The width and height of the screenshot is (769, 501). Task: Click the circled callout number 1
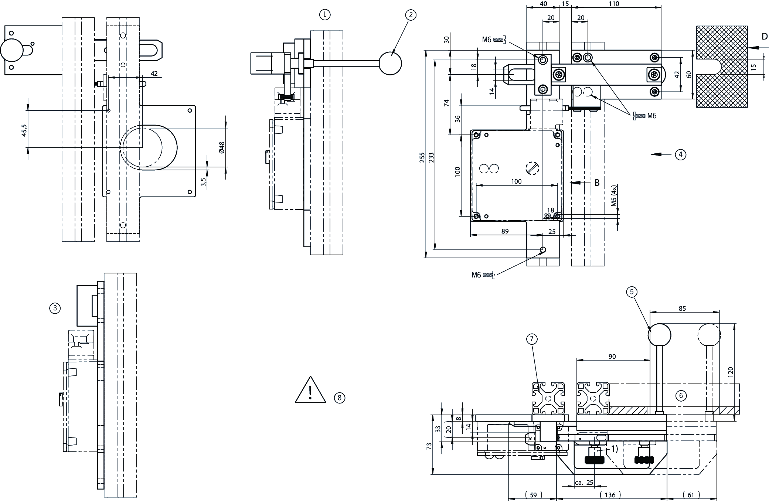coord(324,15)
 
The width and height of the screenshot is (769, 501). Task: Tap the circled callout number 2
coord(411,15)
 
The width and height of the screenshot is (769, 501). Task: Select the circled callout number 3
coord(55,308)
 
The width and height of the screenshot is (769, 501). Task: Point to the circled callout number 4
coord(680,154)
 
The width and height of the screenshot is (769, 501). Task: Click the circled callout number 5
coord(632,292)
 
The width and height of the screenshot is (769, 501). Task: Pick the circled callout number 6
coord(681,396)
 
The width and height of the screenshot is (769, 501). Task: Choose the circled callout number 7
coord(532,339)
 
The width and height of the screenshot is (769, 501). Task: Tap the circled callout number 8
coord(339,398)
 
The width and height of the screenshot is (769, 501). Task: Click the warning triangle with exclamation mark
coord(310,391)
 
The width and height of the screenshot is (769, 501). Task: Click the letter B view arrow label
coord(597,183)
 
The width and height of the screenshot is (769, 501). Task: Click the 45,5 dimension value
coord(24,130)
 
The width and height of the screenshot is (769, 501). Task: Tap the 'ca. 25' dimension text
coord(584,483)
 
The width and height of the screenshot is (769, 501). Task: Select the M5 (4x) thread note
coord(614,196)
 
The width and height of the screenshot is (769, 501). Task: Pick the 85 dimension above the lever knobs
coord(682,309)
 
